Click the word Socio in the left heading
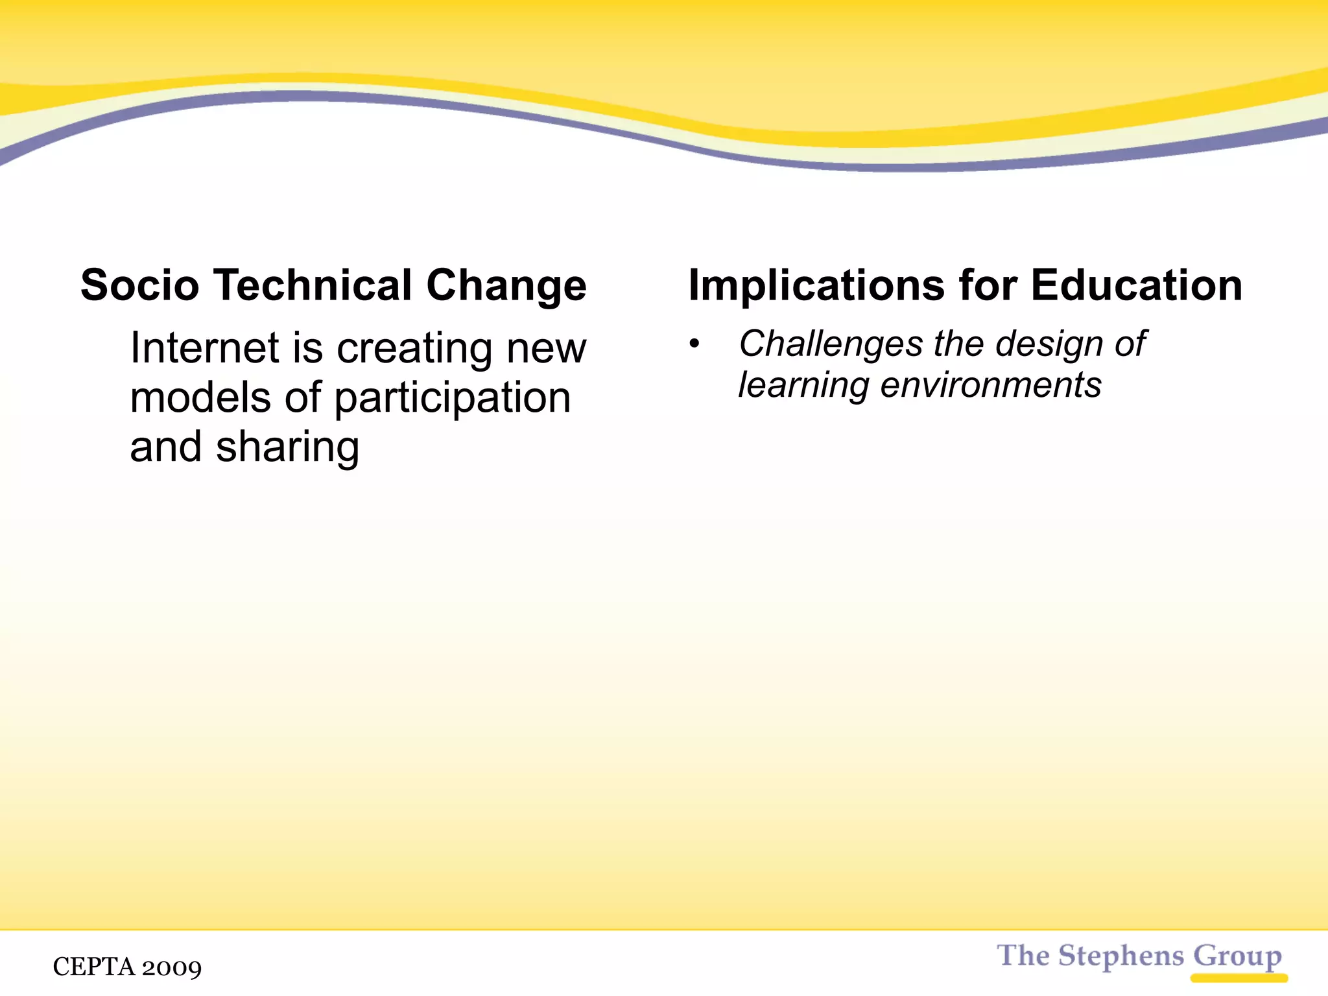pos(139,285)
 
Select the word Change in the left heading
pos(506,287)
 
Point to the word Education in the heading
pos(1136,285)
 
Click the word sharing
pos(287,448)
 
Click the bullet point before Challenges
pos(694,344)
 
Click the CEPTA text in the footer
pos(94,967)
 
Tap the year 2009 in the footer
pos(172,967)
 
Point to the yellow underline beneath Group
pos(1239,978)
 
